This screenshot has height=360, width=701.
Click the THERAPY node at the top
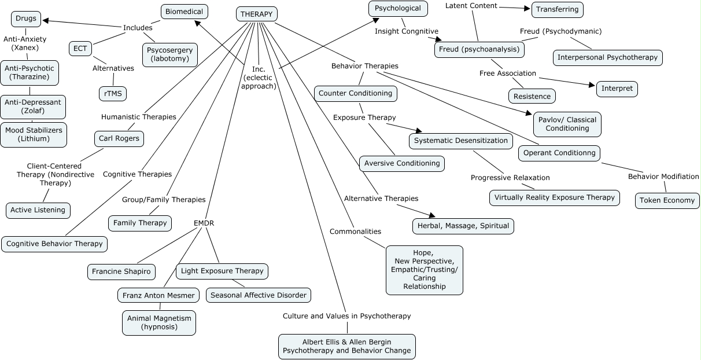tap(257, 14)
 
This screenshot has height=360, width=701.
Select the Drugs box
tap(26, 19)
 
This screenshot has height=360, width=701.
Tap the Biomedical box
tap(184, 12)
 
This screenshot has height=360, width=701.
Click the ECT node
tap(80, 49)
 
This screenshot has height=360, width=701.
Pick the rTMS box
tap(112, 93)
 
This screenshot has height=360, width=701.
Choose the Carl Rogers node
tap(119, 139)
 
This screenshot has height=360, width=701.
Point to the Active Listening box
tap(38, 210)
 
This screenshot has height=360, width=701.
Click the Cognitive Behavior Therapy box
tap(54, 244)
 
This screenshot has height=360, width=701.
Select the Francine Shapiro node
tap(121, 271)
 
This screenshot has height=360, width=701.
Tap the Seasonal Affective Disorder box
tap(258, 295)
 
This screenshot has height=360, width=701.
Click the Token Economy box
tap(667, 200)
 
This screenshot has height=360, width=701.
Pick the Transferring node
tap(557, 9)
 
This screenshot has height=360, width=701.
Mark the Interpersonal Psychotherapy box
tap(607, 57)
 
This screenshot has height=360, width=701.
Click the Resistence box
tap(532, 95)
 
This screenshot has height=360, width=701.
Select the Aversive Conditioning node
tap(402, 163)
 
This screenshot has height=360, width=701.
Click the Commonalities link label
tap(355, 232)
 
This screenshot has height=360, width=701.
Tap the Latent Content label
tap(471, 6)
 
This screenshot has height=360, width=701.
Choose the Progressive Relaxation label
tap(510, 177)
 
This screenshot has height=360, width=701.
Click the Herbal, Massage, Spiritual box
tap(463, 226)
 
